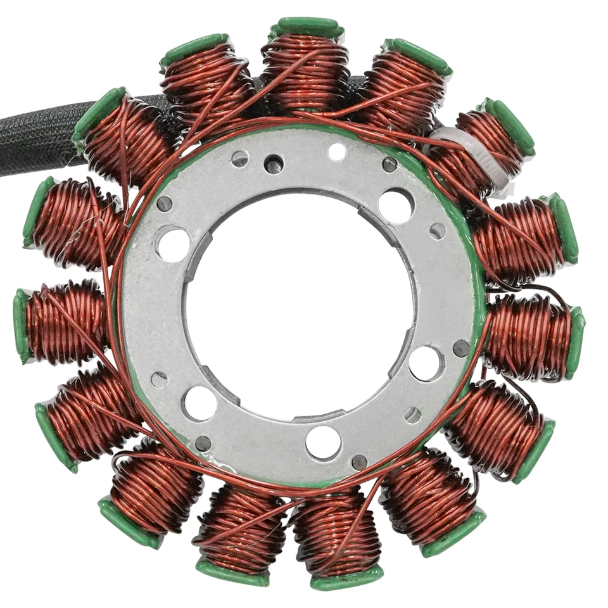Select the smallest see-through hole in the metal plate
tap(337, 151)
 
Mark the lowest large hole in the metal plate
tap(323, 442)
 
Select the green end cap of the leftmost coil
tap(22, 326)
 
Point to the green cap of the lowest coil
tap(346, 578)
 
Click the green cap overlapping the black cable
tap(98, 114)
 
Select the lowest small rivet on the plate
tap(359, 461)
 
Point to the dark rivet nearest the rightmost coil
tap(462, 348)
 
